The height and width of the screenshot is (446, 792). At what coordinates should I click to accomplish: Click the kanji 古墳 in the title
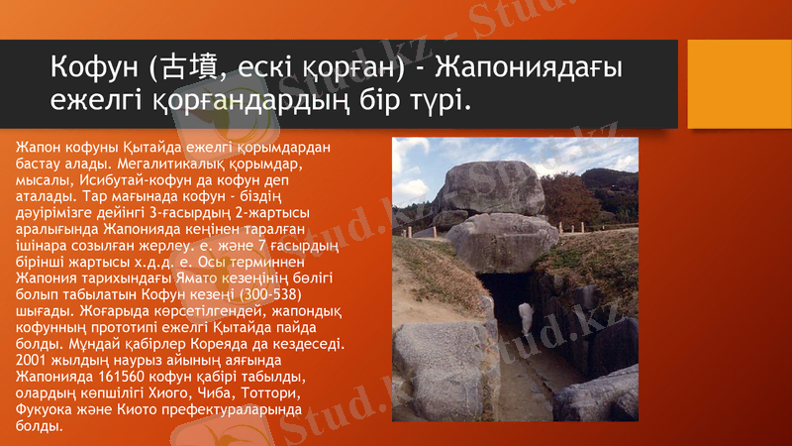coord(180,67)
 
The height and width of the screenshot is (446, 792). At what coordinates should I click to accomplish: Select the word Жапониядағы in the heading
coord(534,67)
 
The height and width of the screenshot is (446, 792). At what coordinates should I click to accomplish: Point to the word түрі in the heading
coord(434,100)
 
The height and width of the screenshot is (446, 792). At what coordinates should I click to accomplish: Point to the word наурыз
coord(124,361)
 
